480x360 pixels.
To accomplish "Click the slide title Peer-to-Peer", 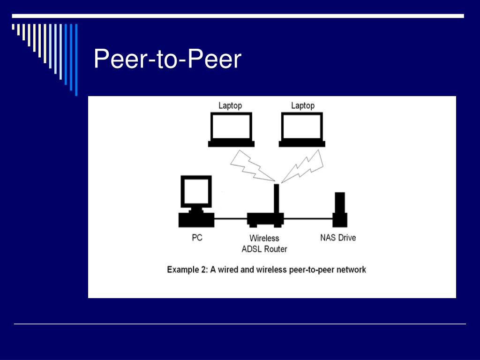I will pyautogui.click(x=167, y=60).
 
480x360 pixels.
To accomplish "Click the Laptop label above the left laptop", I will pyautogui.click(x=230, y=105).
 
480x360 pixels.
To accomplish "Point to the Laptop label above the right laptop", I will pyautogui.click(x=302, y=105).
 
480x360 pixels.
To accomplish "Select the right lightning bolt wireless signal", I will pyautogui.click(x=303, y=166).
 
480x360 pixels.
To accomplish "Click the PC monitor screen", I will pyautogui.click(x=196, y=192).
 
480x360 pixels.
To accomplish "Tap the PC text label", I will pyautogui.click(x=197, y=238).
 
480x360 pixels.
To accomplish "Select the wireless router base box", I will pyautogui.click(x=265, y=219).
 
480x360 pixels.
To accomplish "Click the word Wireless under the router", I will pyautogui.click(x=264, y=238).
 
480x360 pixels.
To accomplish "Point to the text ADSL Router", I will pyautogui.click(x=264, y=249).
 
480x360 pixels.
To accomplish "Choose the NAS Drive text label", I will pyautogui.click(x=338, y=238).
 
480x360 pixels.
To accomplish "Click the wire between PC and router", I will pyautogui.click(x=231, y=218).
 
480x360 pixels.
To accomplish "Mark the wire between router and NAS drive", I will pyautogui.click(x=308, y=218).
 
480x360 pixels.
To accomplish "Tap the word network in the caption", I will pyautogui.click(x=351, y=270).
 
